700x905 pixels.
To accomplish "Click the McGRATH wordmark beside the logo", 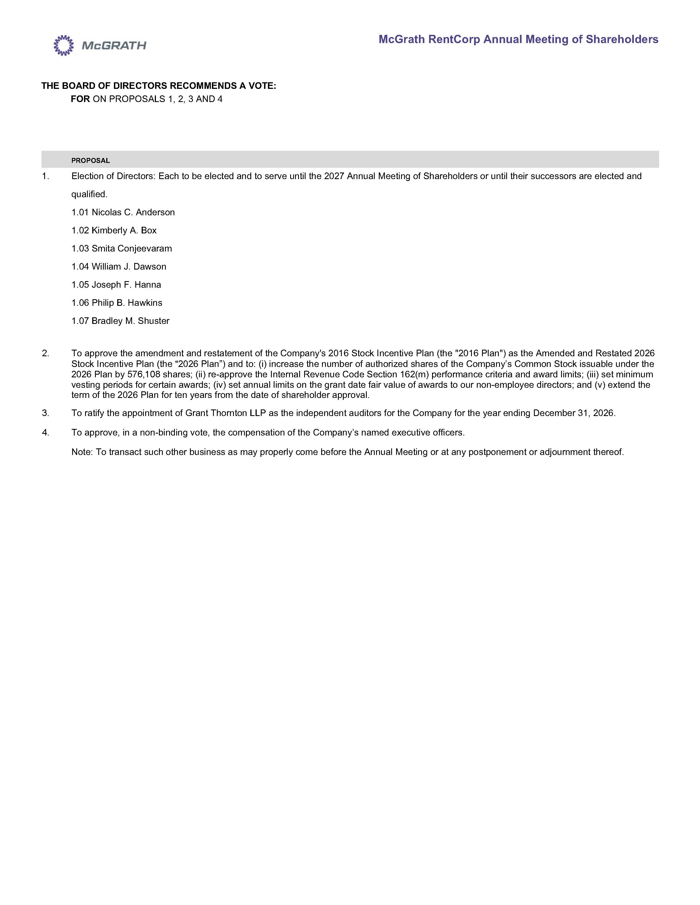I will tap(114, 46).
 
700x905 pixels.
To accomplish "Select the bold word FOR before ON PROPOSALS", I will tap(80, 99).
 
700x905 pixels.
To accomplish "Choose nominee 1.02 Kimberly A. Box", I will tap(114, 230).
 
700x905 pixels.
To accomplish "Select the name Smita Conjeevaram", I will tap(131, 249).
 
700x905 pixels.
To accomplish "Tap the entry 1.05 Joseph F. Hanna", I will tap(116, 285).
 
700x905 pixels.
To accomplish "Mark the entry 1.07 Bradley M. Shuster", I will tap(120, 321).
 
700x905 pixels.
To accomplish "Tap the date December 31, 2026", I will tap(573, 413).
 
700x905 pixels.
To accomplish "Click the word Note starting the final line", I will tap(81, 452).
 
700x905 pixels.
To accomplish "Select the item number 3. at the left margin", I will tap(46, 413).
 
